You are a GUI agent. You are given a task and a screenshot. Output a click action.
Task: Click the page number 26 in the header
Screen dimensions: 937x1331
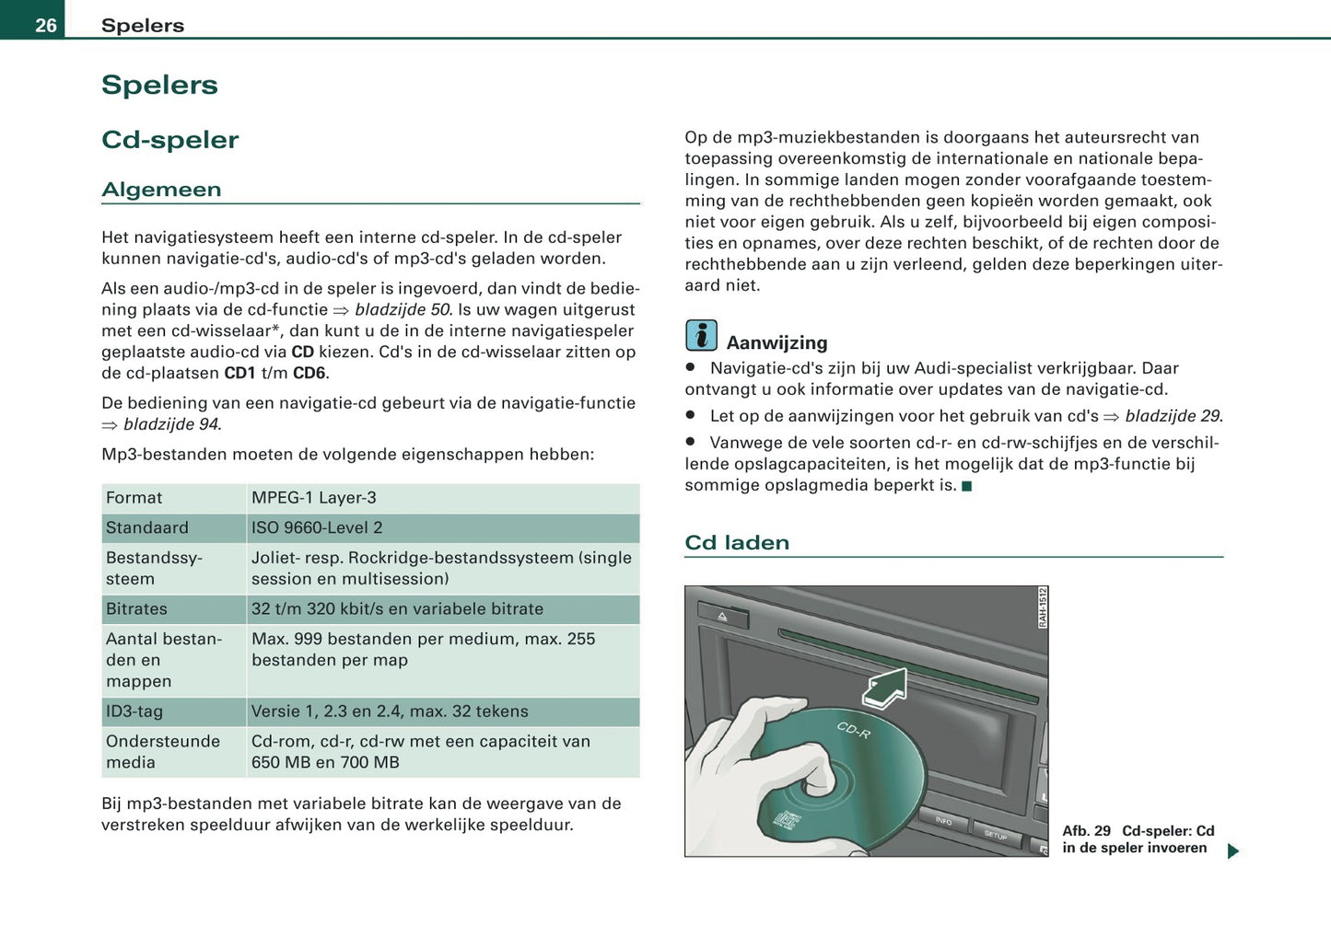pos(45,25)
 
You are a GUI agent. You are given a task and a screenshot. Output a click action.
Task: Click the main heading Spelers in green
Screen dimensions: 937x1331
pos(159,85)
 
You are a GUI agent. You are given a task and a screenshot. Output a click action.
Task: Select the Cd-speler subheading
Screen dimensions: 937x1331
pos(169,140)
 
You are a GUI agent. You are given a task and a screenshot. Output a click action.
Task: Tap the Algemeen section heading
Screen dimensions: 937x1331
pos(161,190)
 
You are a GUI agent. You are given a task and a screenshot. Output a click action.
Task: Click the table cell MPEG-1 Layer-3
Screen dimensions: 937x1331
pos(313,498)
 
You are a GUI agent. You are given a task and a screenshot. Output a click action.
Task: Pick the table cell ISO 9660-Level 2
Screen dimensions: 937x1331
pos(316,528)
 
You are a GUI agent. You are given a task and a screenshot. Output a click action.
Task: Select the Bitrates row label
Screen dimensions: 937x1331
pos(136,609)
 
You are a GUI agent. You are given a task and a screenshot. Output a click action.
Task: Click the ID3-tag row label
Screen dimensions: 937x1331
pos(134,711)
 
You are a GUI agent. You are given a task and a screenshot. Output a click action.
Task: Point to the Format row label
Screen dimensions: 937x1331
pos(134,498)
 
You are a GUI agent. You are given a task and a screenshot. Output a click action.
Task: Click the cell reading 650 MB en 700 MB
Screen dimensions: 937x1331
pos(325,763)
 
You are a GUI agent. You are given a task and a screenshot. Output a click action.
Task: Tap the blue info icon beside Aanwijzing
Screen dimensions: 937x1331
pos(701,336)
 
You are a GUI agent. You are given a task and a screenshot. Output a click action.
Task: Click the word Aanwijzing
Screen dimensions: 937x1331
pos(776,343)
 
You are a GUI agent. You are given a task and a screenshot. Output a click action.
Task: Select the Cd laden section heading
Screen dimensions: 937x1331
pos(737,543)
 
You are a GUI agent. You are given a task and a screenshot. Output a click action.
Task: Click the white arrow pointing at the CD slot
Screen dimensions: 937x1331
pos(885,688)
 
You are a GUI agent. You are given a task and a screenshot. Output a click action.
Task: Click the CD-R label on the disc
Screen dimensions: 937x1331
pos(853,731)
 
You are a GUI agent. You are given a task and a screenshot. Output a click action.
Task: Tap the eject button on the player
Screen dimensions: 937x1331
pos(723,616)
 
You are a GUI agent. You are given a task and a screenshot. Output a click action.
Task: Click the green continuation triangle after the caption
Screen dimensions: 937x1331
pos(1232,851)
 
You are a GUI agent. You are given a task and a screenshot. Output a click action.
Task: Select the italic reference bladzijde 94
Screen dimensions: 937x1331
pos(171,425)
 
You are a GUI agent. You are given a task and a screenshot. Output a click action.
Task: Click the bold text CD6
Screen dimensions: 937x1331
pos(309,374)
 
